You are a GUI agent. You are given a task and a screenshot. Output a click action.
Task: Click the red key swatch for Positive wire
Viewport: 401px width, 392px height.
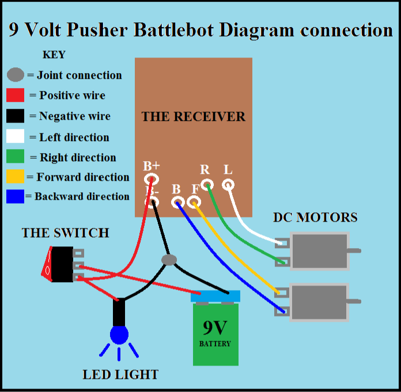pyautogui.click(x=15, y=96)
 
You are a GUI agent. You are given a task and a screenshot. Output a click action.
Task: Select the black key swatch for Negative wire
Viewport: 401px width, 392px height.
pyautogui.click(x=15, y=116)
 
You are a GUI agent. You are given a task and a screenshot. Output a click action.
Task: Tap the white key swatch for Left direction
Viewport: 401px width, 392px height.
pyautogui.click(x=15, y=137)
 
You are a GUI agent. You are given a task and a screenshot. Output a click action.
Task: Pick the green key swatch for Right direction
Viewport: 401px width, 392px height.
pyautogui.click(x=15, y=157)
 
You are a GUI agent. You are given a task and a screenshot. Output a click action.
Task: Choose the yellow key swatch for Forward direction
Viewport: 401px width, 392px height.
pyautogui.click(x=15, y=177)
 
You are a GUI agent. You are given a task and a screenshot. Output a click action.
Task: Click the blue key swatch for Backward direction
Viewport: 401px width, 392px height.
pyautogui.click(x=15, y=196)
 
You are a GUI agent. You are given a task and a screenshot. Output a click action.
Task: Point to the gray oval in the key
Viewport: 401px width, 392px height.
pyautogui.click(x=16, y=75)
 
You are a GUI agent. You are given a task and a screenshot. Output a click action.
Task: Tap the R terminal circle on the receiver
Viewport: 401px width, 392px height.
pyautogui.click(x=207, y=184)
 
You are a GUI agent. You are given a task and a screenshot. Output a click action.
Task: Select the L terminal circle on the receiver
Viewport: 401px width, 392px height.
pyautogui.click(x=228, y=185)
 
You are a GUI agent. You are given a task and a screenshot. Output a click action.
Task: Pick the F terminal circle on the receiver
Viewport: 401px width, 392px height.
pyautogui.click(x=195, y=202)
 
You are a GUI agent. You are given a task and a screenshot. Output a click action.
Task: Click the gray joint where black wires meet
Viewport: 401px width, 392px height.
pyautogui.click(x=169, y=260)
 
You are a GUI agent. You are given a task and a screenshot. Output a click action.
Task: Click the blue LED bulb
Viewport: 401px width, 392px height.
pyautogui.click(x=119, y=334)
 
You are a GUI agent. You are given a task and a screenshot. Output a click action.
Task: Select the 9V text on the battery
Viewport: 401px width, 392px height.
pyautogui.click(x=215, y=328)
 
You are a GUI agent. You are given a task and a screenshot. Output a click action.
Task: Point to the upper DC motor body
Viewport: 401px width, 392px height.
pyautogui.click(x=320, y=250)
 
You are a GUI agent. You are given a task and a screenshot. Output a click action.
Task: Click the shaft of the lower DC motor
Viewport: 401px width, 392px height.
pyautogui.click(x=355, y=301)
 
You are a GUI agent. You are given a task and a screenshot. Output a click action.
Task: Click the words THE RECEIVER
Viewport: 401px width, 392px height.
pyautogui.click(x=193, y=117)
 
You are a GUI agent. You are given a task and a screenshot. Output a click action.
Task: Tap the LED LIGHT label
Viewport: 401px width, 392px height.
pyautogui.click(x=120, y=375)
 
